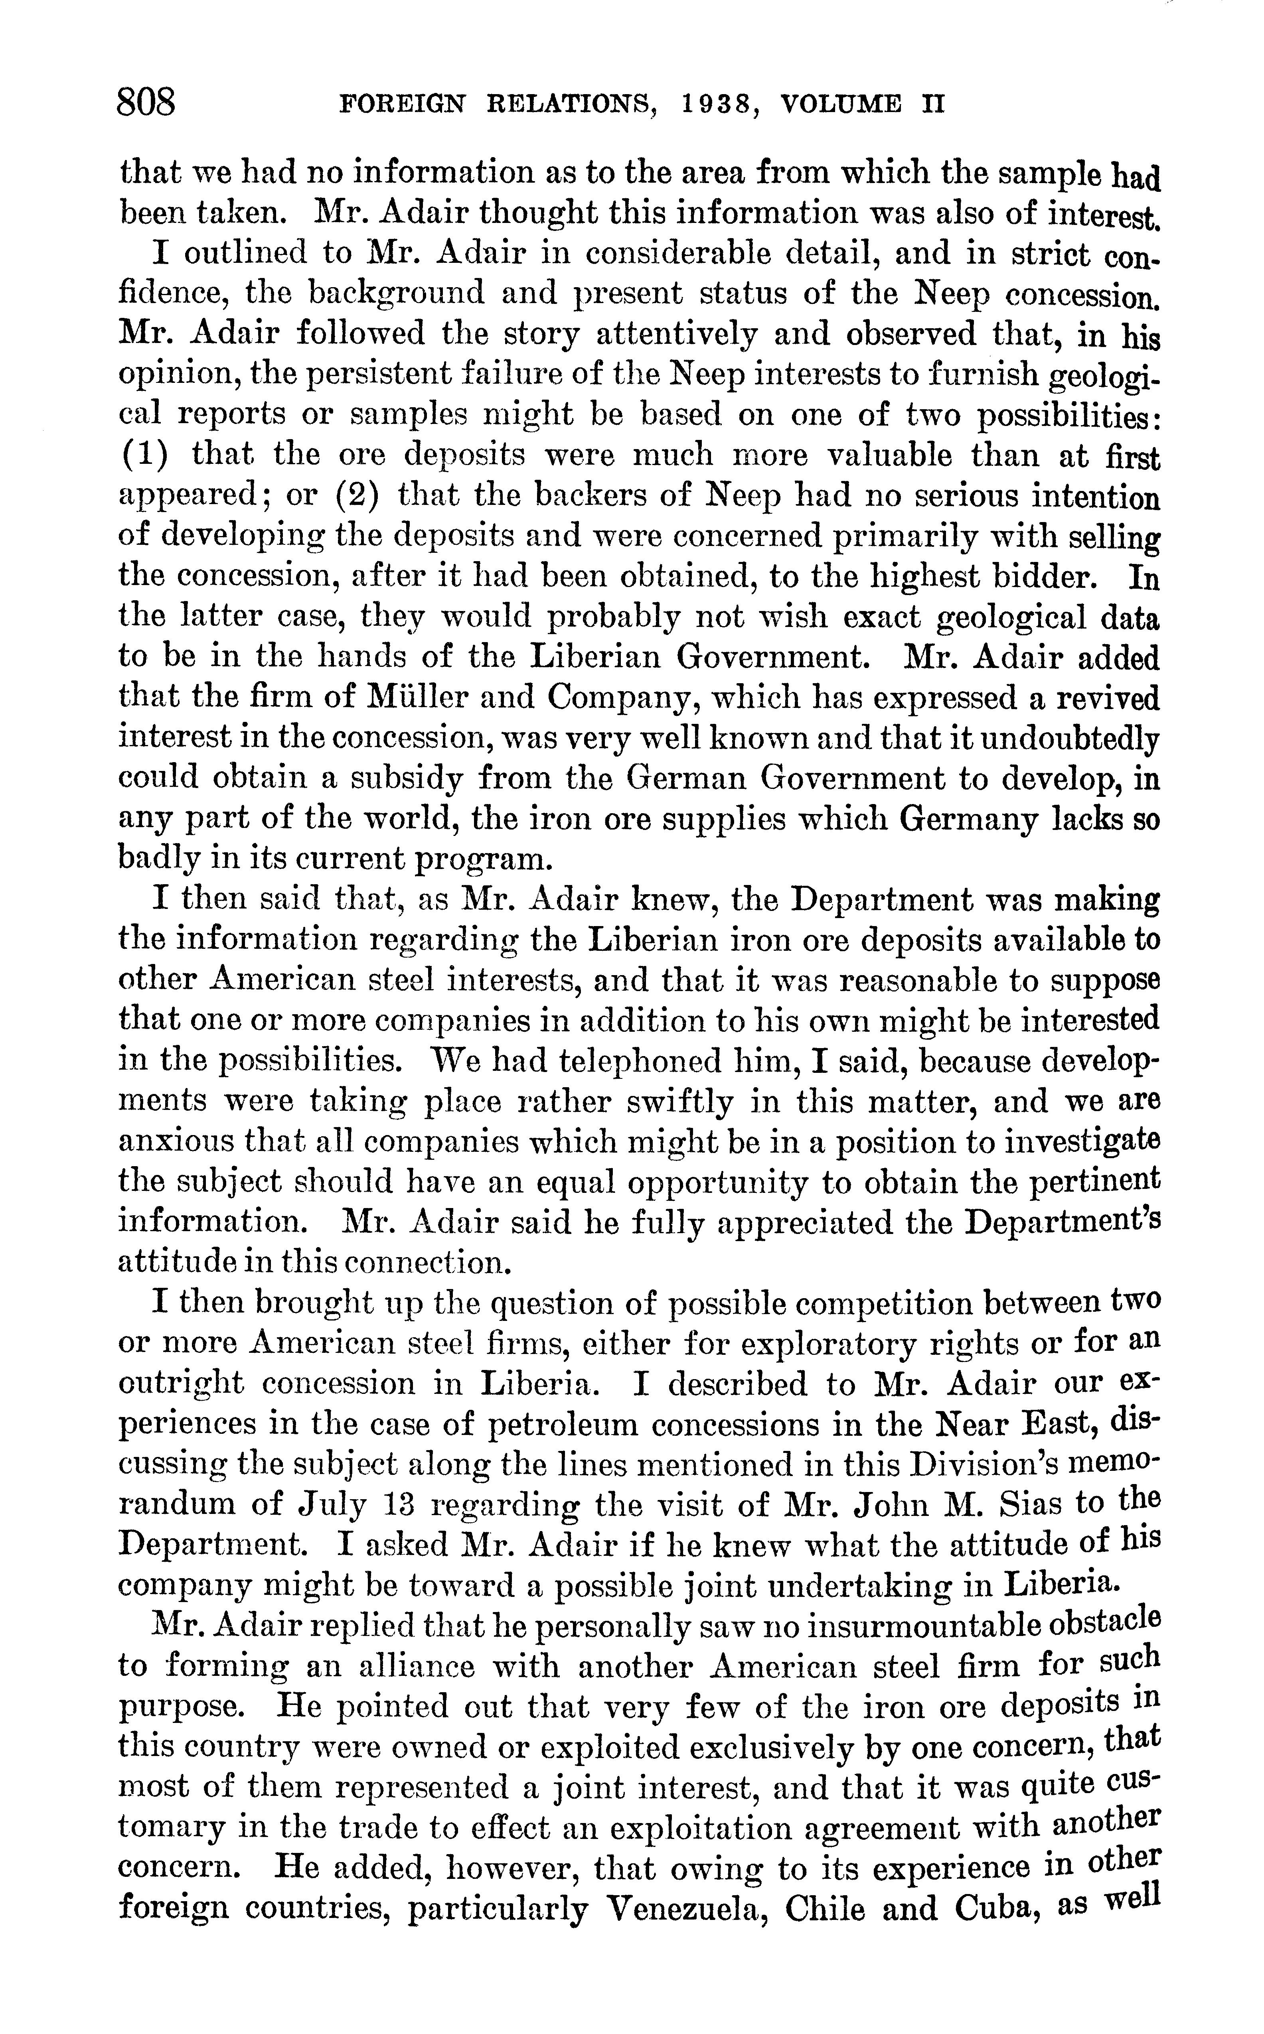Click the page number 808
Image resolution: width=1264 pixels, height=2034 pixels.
coord(147,104)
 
